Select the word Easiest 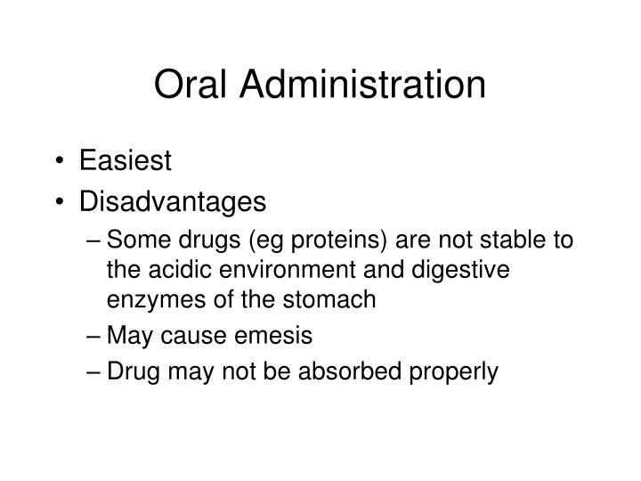click(124, 161)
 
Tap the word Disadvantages click(173, 202)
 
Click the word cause click(199, 337)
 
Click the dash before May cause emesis click(94, 337)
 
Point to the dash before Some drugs click(94, 242)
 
